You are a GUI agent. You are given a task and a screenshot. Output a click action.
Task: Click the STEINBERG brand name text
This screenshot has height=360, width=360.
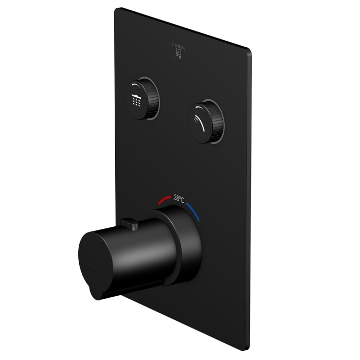(x=179, y=45)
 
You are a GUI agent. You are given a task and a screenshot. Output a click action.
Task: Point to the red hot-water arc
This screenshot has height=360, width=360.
(x=165, y=199)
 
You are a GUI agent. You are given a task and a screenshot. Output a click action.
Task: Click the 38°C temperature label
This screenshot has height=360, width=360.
(x=179, y=197)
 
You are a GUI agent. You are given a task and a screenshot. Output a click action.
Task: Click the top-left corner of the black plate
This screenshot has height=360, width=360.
(x=117, y=9)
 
